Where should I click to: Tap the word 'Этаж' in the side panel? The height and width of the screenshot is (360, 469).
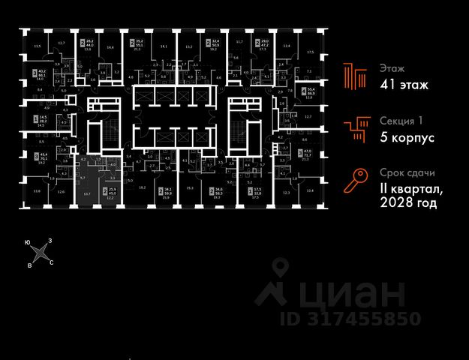(x=392, y=67)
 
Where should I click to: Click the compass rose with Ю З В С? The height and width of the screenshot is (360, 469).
(x=40, y=253)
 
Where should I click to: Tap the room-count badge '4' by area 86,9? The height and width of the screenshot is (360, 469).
(x=304, y=93)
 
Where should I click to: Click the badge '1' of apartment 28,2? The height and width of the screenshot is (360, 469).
(x=35, y=118)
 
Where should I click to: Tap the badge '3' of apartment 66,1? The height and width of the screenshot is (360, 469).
(x=35, y=73)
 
